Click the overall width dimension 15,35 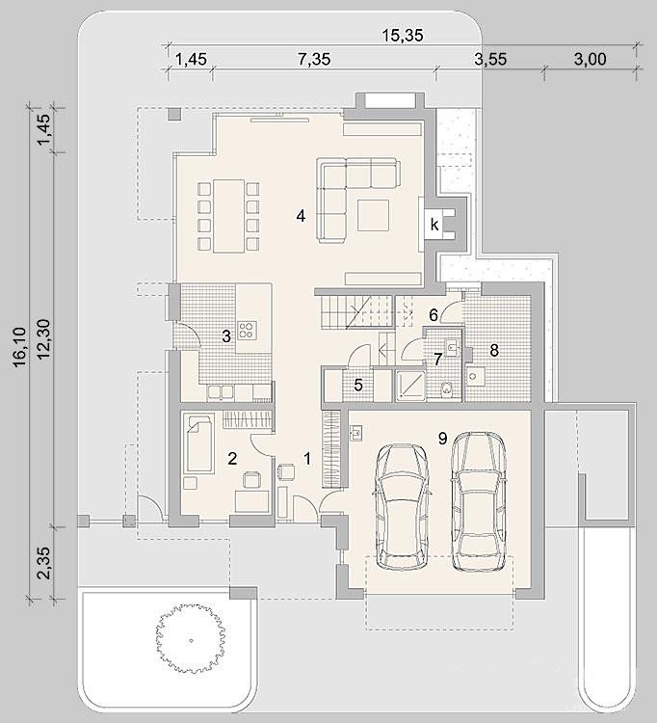click(x=403, y=35)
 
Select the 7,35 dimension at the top click(x=314, y=59)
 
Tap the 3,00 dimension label click(x=590, y=59)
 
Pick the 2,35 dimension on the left click(x=44, y=563)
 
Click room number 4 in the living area click(x=301, y=215)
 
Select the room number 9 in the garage click(x=442, y=439)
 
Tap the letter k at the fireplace click(x=434, y=225)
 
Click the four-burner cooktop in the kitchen click(x=247, y=330)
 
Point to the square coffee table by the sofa click(x=373, y=215)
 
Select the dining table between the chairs click(x=228, y=216)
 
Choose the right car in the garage click(x=478, y=501)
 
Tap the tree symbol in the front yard click(x=191, y=639)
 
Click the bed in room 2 click(x=198, y=443)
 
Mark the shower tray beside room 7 click(x=410, y=385)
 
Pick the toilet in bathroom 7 click(x=445, y=389)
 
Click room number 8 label click(x=494, y=351)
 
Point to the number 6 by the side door click(x=434, y=315)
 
